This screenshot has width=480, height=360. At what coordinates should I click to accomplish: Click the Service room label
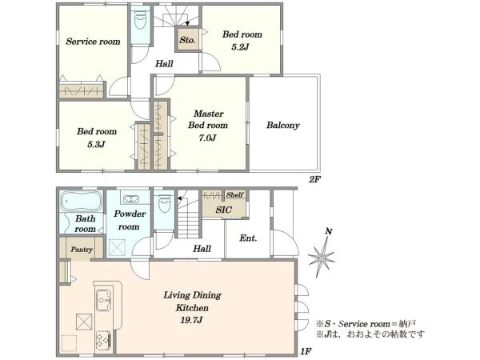point(93,42)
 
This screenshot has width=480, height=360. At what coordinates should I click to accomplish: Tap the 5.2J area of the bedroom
point(240,47)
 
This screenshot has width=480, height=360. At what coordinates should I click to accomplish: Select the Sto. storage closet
point(187,39)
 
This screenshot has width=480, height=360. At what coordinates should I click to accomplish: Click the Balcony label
point(283,125)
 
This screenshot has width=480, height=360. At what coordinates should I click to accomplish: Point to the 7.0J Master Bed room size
point(207,138)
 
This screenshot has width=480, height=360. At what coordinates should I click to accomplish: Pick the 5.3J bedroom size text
point(96,144)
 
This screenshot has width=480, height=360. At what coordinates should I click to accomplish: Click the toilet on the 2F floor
point(141,20)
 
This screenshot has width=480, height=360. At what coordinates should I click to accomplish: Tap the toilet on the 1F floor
point(164,203)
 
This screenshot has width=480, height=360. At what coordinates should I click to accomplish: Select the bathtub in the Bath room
point(81,201)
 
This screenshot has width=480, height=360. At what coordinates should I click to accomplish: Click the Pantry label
point(82,249)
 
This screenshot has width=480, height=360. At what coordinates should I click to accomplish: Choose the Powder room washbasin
point(131,199)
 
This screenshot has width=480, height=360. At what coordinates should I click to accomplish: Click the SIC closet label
point(223,210)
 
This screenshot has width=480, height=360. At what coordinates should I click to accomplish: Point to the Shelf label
point(234,194)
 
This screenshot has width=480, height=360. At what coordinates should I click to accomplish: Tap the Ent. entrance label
point(248,238)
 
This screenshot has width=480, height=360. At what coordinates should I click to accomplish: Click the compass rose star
point(321,258)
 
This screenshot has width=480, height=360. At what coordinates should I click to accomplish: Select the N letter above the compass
point(329,232)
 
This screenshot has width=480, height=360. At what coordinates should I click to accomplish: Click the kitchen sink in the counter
point(104,300)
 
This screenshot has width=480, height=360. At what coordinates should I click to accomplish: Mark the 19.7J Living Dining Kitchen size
point(191,321)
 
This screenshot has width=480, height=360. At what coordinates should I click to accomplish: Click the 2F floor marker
point(314,179)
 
